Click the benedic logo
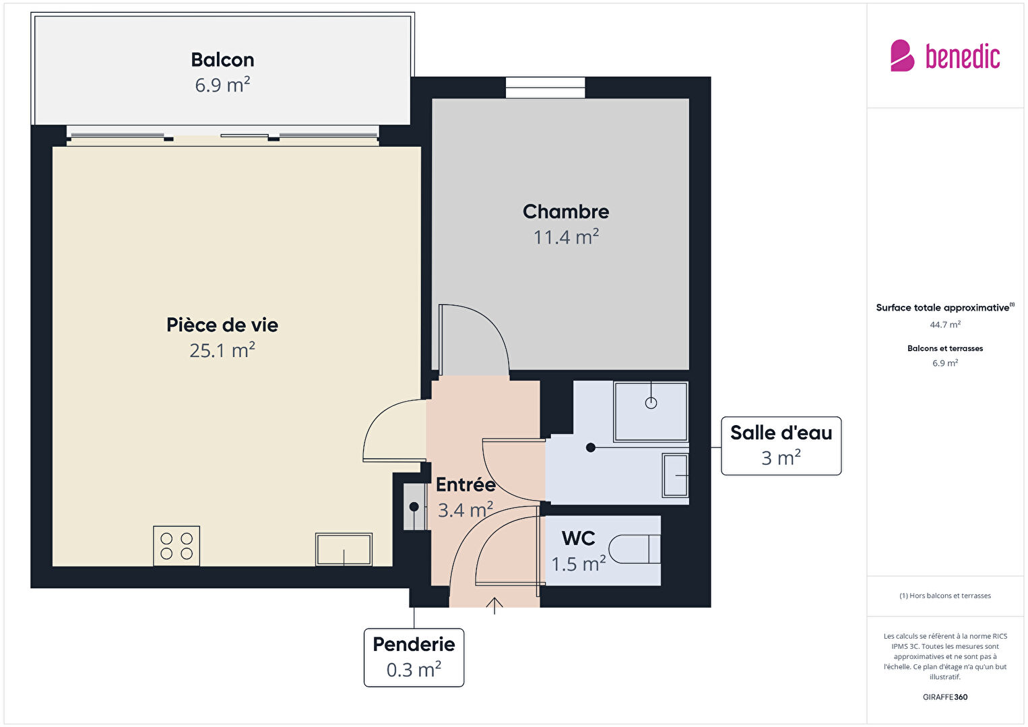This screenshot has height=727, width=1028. (945, 55)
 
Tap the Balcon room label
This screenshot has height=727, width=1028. (222, 60)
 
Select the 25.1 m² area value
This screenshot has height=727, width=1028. (222, 350)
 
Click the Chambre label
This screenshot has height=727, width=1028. (566, 212)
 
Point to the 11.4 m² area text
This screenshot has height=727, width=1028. (566, 236)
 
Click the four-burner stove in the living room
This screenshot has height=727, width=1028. (176, 546)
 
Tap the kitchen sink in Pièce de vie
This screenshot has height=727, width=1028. (344, 549)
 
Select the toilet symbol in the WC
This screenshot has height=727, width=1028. (635, 549)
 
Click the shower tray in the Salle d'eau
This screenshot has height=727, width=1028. (651, 411)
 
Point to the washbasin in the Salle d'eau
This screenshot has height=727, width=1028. (675, 476)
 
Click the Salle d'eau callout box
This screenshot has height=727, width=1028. (781, 445)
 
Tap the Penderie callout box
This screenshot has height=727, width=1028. (414, 657)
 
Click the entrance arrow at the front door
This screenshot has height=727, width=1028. (494, 606)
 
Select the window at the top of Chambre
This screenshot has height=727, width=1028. (545, 88)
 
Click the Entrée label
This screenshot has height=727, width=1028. (465, 484)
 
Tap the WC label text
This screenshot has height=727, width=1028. (578, 538)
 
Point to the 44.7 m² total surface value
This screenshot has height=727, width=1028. (945, 325)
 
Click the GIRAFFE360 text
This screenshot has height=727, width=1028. (945, 697)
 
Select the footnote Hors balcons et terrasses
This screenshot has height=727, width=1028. (945, 596)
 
